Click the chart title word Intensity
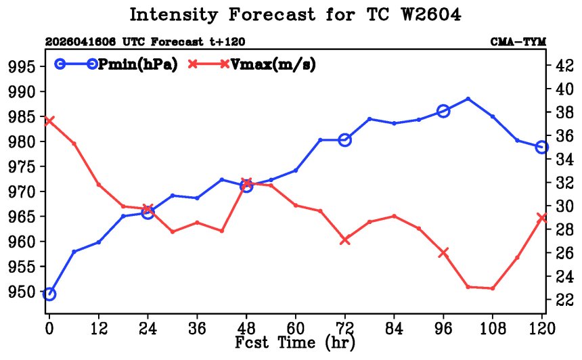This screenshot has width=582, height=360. [x=173, y=15]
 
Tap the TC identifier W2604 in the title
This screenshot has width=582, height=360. [x=431, y=14]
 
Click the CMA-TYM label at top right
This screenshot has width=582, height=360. [x=518, y=41]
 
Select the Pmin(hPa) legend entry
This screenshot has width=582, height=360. [x=116, y=64]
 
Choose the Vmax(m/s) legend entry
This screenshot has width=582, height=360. [x=252, y=64]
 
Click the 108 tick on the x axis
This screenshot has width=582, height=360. [x=493, y=328]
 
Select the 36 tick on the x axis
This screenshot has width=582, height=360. [x=197, y=328]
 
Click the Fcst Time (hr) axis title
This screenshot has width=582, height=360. [x=295, y=342]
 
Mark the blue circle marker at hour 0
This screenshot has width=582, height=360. [x=49, y=294]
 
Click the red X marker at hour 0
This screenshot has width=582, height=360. [x=49, y=121]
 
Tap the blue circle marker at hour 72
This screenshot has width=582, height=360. [x=345, y=140]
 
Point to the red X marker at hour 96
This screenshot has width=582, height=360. [x=443, y=252]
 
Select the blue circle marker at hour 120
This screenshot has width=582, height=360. [x=542, y=147]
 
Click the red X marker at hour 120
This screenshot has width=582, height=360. [x=542, y=217]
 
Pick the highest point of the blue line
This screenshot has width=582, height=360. [x=468, y=99]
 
